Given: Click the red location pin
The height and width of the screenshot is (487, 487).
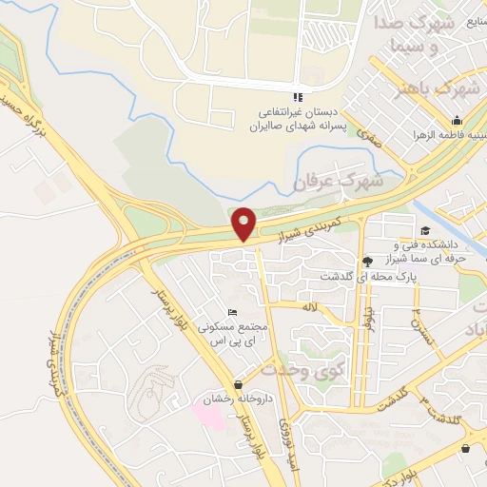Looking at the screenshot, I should [x=244, y=224].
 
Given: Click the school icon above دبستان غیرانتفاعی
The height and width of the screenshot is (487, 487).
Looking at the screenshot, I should [x=297, y=97].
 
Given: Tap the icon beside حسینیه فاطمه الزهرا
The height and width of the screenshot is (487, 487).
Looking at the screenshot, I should [x=457, y=121].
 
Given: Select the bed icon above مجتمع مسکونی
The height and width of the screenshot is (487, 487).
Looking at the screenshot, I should [x=233, y=313].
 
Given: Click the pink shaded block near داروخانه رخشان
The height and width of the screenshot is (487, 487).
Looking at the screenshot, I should [x=210, y=414].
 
